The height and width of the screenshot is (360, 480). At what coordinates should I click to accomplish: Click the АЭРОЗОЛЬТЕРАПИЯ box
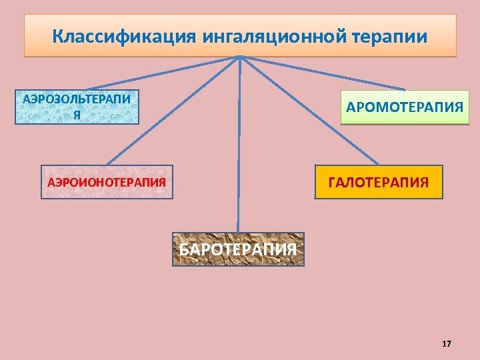(x=77, y=107)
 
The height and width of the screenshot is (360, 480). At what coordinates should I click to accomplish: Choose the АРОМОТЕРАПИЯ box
(x=405, y=107)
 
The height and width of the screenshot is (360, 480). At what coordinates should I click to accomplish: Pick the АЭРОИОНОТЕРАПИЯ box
(x=107, y=182)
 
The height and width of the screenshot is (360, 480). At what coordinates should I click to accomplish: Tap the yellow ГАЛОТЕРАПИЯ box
(x=378, y=182)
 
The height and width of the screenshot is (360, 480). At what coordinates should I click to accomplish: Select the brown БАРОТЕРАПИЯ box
(x=238, y=249)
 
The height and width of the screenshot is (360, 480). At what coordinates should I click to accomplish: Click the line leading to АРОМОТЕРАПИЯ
(x=327, y=74)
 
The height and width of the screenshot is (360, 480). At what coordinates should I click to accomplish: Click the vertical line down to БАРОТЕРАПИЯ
(x=239, y=147)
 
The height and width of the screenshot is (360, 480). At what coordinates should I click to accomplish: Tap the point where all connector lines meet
(x=240, y=57)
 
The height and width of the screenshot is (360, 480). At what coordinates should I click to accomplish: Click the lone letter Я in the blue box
(x=77, y=115)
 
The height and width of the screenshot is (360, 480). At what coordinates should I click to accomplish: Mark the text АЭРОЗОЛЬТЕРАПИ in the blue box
(x=77, y=100)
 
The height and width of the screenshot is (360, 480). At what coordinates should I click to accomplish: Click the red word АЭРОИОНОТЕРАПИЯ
(x=107, y=182)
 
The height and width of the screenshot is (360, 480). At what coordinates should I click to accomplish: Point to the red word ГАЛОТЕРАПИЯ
(x=378, y=182)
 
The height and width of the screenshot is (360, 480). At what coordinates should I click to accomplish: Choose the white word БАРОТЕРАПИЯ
(x=238, y=250)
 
